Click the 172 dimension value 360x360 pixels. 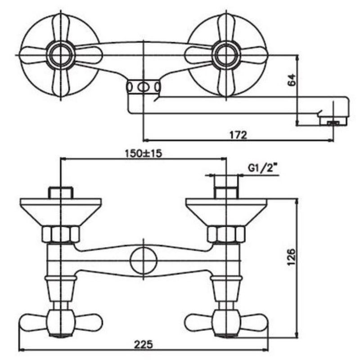[238, 135]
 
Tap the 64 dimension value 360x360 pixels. [292, 80]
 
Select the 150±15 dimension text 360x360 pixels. [143, 153]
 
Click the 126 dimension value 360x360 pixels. [292, 256]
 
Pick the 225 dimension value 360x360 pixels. [144, 344]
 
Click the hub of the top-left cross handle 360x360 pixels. [61, 55]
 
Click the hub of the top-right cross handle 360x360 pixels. [226, 55]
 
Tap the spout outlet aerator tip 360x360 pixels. [333, 123]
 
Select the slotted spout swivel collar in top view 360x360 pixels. [143, 87]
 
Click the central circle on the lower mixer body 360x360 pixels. [144, 261]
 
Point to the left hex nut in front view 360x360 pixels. [61, 234]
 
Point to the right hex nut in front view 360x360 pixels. [226, 234]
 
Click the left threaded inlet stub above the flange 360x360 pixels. [61, 193]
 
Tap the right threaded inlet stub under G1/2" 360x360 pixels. [226, 193]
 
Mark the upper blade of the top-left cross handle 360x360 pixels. [61, 28]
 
